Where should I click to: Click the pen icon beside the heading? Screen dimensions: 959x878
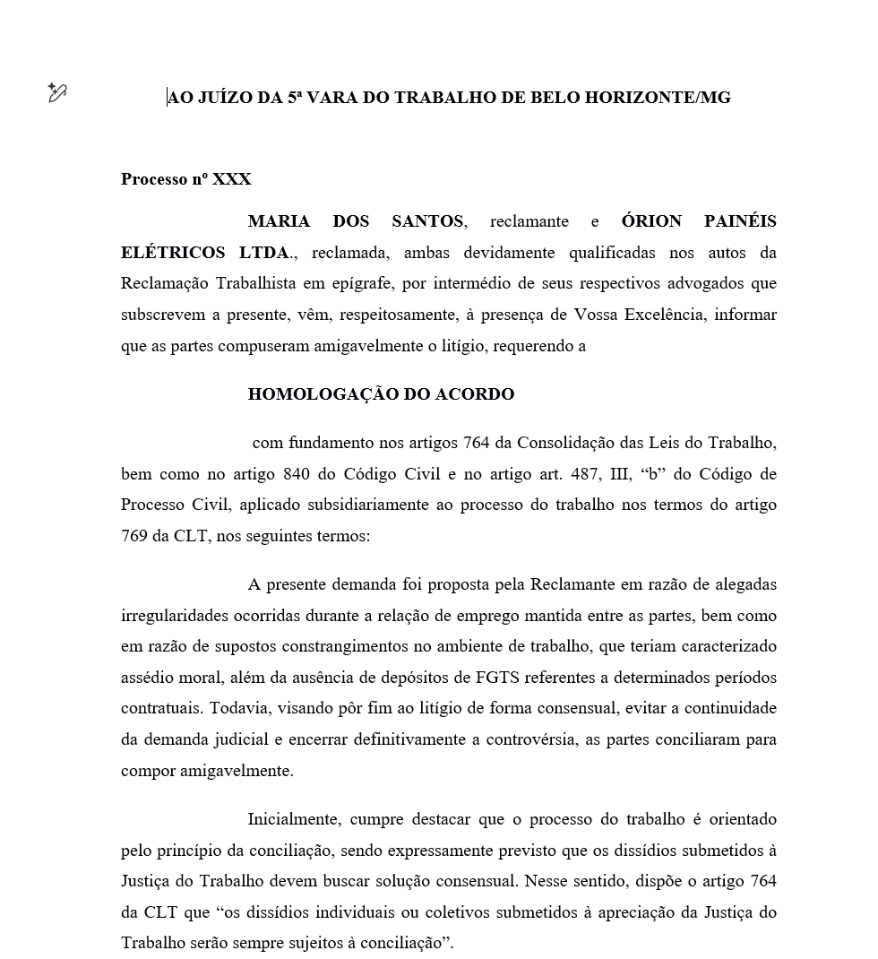pos(57,92)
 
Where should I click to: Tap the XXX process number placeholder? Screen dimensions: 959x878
pos(232,179)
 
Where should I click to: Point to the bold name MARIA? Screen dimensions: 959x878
pos(279,221)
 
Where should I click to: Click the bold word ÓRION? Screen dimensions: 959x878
pos(651,221)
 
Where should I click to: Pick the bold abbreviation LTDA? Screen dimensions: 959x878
pos(268,253)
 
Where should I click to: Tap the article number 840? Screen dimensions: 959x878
pos(297,474)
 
